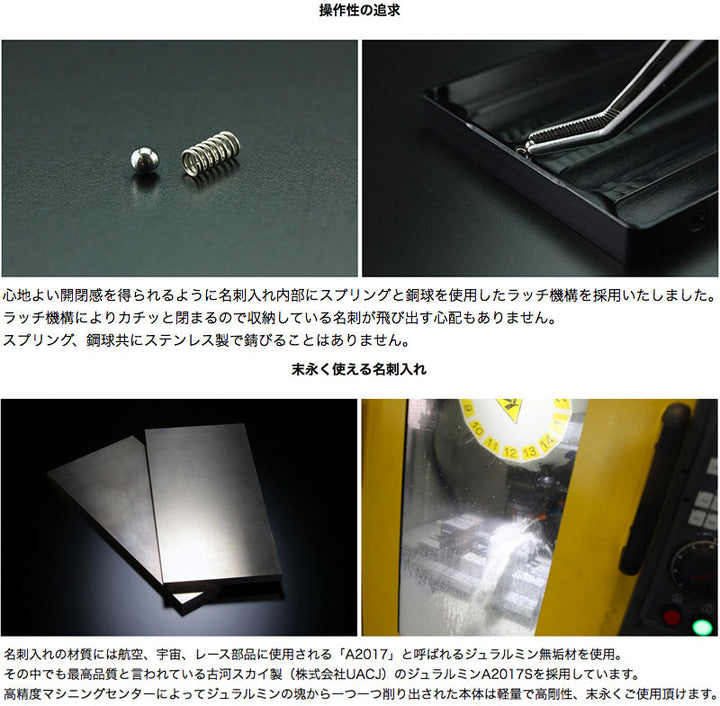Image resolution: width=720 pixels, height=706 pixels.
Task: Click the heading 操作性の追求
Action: tap(360, 10)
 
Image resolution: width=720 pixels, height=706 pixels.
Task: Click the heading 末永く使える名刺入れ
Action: tap(359, 369)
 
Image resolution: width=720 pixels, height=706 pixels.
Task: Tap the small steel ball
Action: tap(144, 160)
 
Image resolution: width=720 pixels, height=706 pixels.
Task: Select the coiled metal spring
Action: tap(211, 153)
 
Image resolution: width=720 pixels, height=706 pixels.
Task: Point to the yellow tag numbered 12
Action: tap(511, 452)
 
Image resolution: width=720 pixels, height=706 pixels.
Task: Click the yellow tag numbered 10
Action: tap(478, 430)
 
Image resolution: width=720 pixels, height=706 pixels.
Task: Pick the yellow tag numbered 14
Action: tap(546, 442)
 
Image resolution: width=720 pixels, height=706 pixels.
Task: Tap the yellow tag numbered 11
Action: tap(492, 444)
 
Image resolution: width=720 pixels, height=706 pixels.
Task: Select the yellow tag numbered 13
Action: tap(529, 451)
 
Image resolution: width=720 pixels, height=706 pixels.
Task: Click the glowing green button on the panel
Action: tap(701, 627)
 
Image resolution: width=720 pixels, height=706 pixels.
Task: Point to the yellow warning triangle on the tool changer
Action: tap(508, 408)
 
